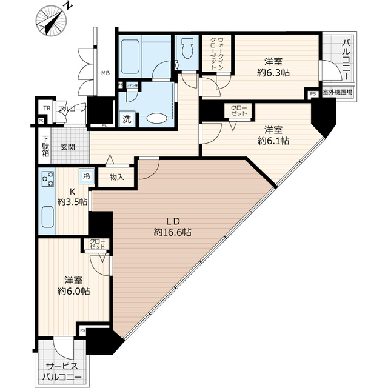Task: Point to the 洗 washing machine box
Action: [127, 119]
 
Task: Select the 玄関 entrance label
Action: [67, 146]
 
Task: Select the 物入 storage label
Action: [116, 177]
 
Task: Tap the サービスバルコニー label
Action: [64, 370]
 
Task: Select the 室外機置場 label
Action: [338, 93]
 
